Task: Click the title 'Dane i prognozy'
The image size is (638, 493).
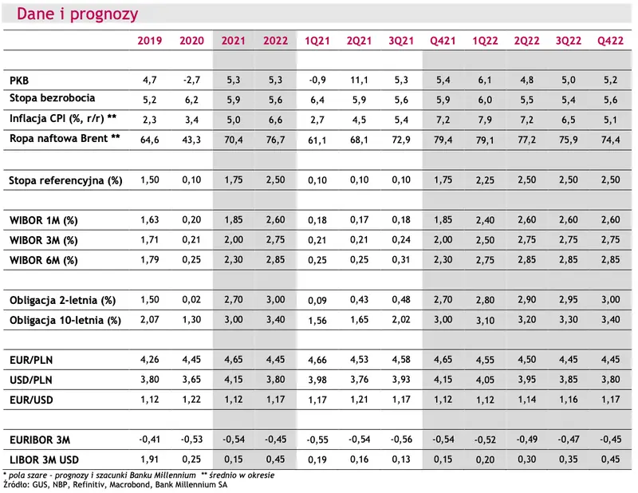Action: click(x=77, y=14)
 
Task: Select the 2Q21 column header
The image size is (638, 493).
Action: click(x=359, y=41)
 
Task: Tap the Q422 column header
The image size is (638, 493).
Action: click(x=610, y=41)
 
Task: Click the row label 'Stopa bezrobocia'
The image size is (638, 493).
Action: click(x=52, y=98)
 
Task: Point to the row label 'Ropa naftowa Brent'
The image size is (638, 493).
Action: click(x=58, y=139)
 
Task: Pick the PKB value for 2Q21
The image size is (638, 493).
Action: click(x=359, y=80)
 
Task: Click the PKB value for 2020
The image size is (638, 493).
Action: click(x=191, y=80)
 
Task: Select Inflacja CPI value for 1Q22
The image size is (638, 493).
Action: click(x=485, y=120)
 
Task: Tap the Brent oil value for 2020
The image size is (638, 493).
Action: click(x=191, y=140)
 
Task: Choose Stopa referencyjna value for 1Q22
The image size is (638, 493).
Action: click(x=485, y=180)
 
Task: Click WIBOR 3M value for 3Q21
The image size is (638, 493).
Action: click(x=401, y=240)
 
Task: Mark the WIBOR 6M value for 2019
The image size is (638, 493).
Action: click(x=149, y=260)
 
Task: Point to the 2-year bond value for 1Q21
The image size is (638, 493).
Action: click(x=317, y=301)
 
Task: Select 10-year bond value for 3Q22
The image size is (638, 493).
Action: click(x=568, y=320)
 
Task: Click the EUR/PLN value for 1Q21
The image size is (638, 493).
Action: click(x=317, y=360)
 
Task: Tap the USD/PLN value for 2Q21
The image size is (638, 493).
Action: click(x=359, y=380)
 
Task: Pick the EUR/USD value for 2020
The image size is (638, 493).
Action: click(x=191, y=400)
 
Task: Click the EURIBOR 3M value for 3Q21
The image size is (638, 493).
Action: click(x=401, y=440)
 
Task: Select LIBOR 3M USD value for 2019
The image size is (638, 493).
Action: click(x=149, y=459)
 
